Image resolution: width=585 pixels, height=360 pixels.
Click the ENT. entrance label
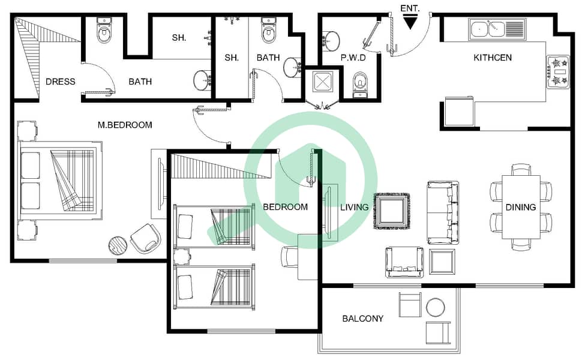(410, 8)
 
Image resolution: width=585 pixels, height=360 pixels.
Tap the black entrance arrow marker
(410, 23)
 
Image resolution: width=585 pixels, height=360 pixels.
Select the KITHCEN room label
(493, 58)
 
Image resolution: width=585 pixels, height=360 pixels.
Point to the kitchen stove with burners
(558, 71)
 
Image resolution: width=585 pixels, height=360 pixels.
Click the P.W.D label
(353, 58)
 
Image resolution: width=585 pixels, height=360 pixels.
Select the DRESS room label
(61, 82)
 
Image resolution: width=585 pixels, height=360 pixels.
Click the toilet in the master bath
(104, 30)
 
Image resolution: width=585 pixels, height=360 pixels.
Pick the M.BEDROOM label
(125, 125)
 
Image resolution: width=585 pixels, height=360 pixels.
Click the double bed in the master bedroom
(61, 181)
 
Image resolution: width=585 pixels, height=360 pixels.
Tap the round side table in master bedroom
(118, 246)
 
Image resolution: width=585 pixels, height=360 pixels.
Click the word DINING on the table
(520, 207)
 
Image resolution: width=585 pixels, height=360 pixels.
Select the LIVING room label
(354, 207)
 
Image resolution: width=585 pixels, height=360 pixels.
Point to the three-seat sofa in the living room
(443, 212)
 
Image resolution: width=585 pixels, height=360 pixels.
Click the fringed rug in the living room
(392, 211)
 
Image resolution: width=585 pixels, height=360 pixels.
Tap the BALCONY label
(362, 319)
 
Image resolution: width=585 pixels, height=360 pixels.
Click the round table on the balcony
(436, 307)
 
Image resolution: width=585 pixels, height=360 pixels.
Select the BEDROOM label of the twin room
(286, 207)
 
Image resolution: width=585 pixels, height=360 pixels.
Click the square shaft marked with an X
(322, 82)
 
